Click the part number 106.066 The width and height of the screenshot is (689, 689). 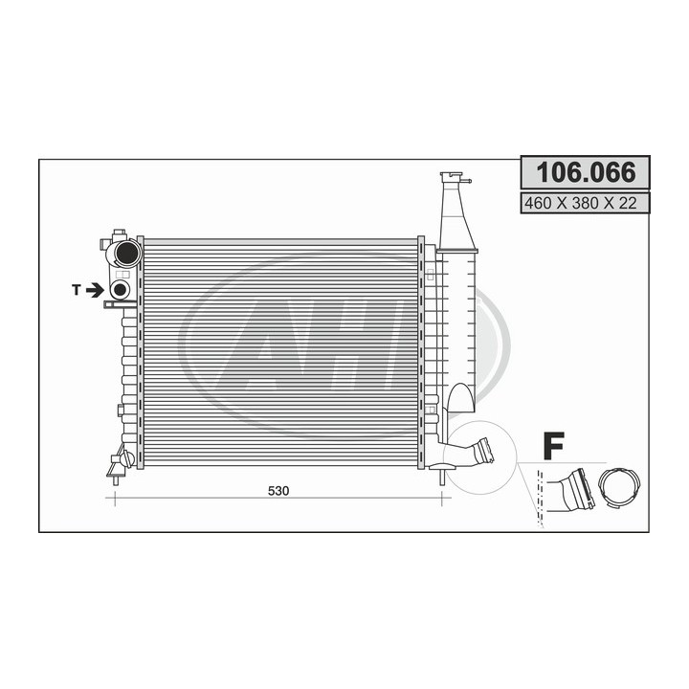point(586,172)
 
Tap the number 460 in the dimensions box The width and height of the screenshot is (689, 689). point(538,203)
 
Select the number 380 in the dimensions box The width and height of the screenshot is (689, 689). point(586,203)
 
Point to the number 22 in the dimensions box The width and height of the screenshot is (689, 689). point(628,203)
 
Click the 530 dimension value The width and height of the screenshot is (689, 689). point(278,491)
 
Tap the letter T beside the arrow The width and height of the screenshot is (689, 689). point(77,290)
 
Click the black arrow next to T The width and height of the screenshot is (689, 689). point(95,290)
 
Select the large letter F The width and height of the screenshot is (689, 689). point(554,446)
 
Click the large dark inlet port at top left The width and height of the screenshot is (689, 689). point(126,253)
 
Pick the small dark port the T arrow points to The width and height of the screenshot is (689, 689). point(120,290)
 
